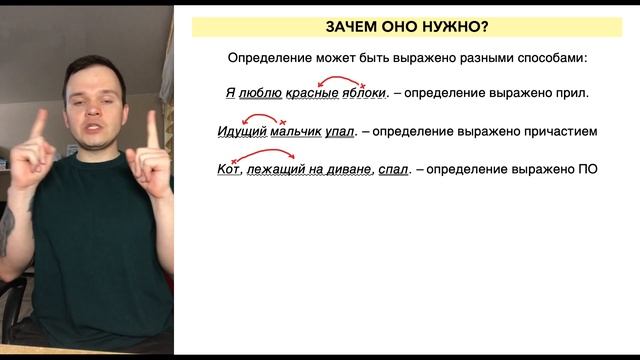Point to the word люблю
click(x=260, y=94)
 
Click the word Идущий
click(x=241, y=131)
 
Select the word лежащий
click(x=276, y=169)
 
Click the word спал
click(x=393, y=169)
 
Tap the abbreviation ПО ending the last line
click(x=587, y=169)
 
